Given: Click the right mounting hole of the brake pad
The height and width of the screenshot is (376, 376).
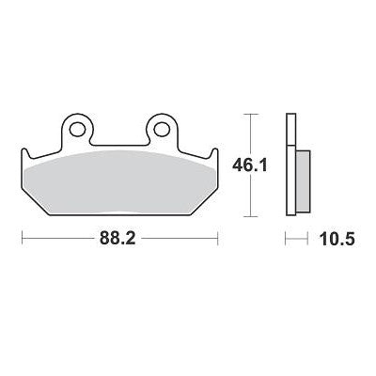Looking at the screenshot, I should pyautogui.click(x=161, y=128).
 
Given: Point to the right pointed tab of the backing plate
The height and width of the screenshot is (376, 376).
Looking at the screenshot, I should pyautogui.click(x=216, y=153).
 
